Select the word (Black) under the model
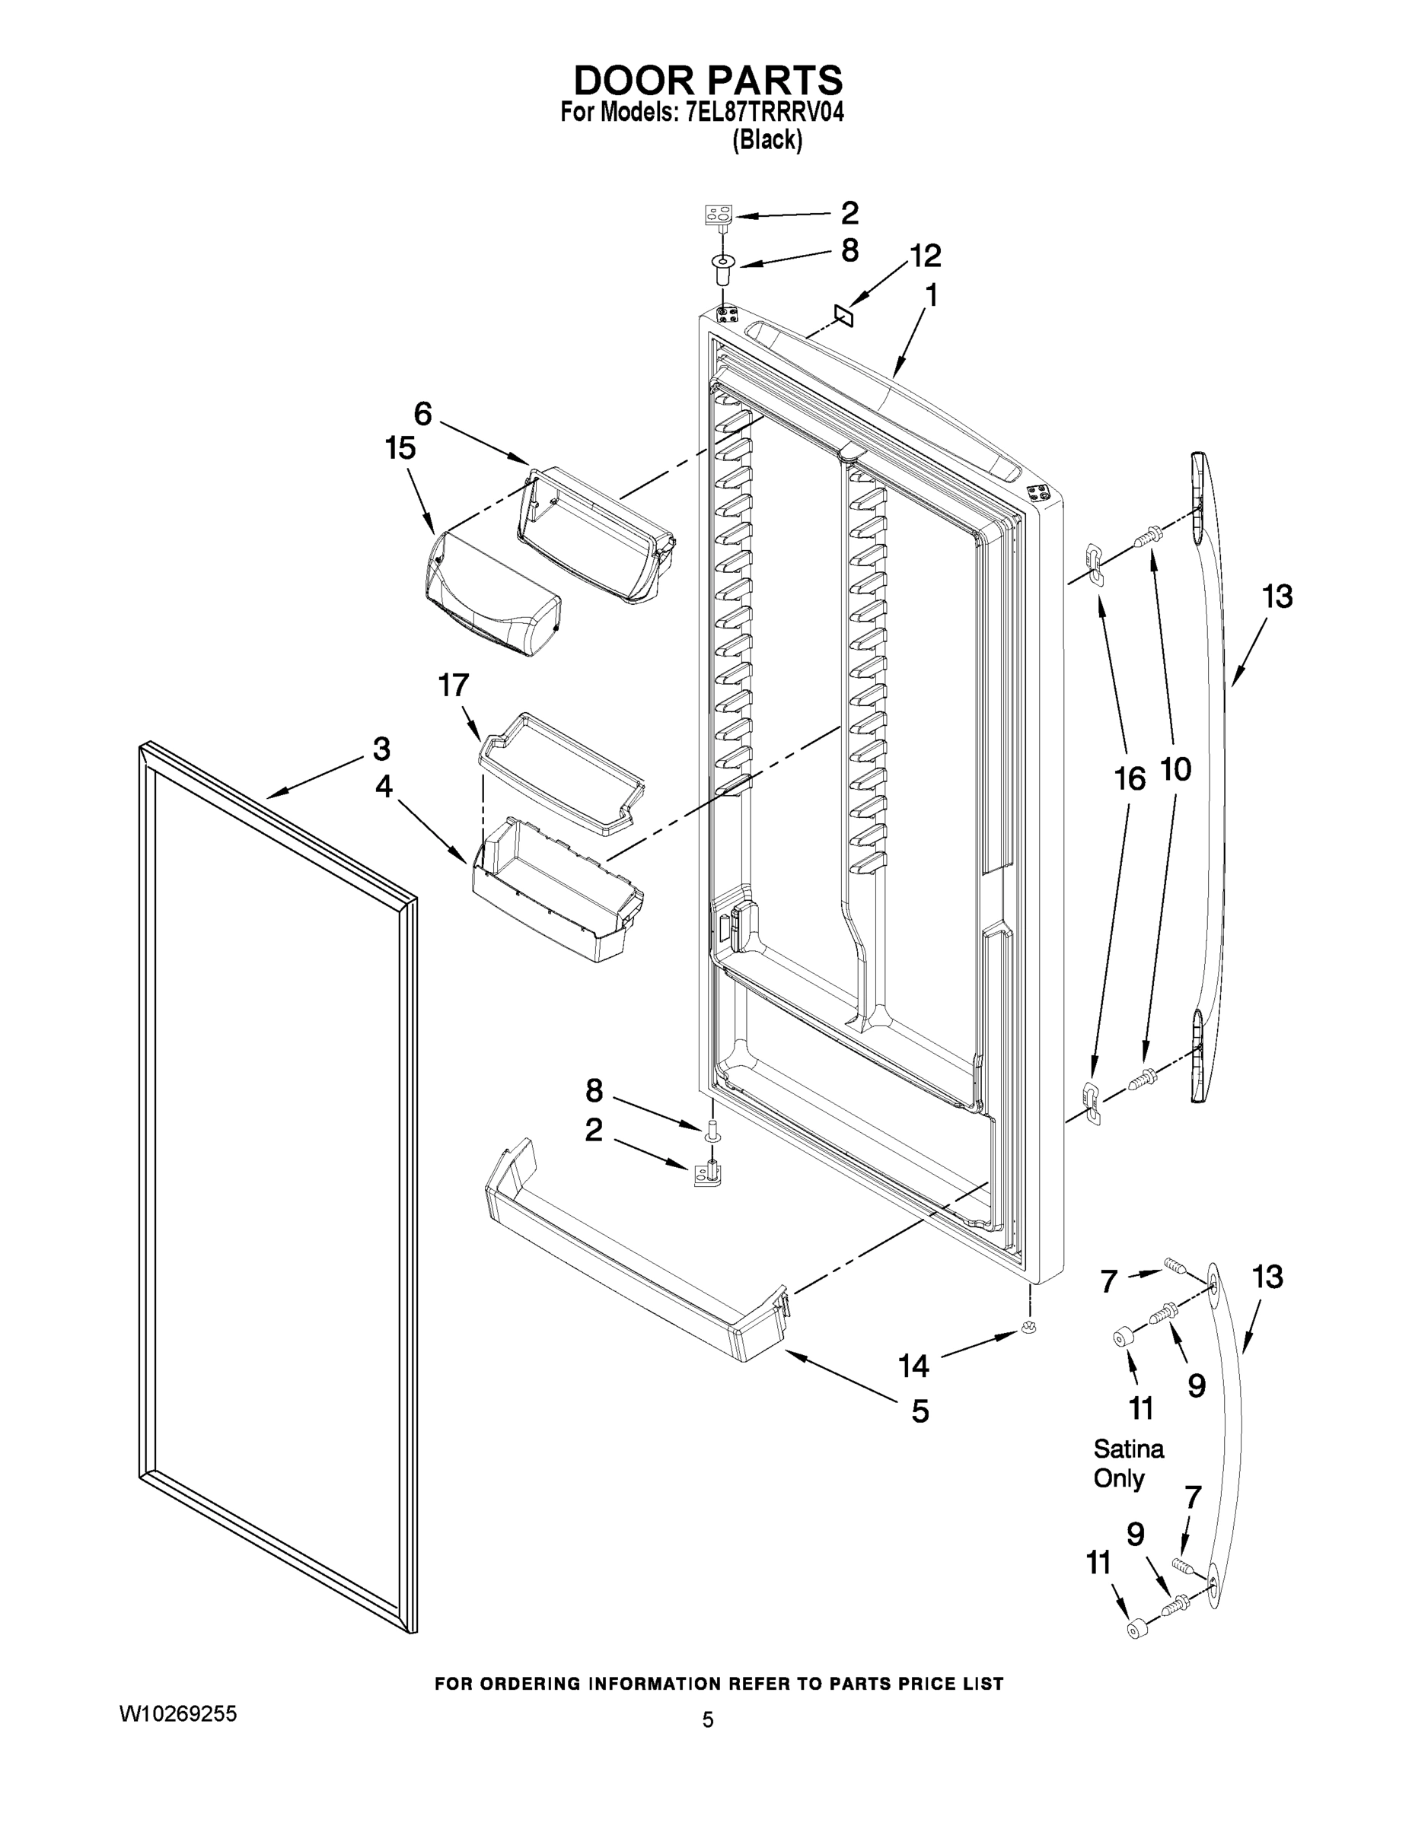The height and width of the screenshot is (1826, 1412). tap(767, 140)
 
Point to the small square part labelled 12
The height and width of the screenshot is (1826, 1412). tap(843, 315)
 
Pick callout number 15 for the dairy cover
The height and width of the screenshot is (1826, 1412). tap(400, 449)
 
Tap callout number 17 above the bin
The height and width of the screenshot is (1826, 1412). tap(454, 686)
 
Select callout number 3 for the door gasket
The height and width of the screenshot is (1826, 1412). tap(381, 749)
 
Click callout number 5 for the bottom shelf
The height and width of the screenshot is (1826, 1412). tap(920, 1411)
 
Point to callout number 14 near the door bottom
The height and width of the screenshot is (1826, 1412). tap(913, 1366)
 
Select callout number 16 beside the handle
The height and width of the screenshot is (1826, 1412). tap(1130, 779)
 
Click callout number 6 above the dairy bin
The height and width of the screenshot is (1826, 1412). tap(423, 414)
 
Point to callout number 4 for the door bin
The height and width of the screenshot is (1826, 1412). tap(383, 787)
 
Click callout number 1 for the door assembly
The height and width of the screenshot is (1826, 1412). tap(931, 296)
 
